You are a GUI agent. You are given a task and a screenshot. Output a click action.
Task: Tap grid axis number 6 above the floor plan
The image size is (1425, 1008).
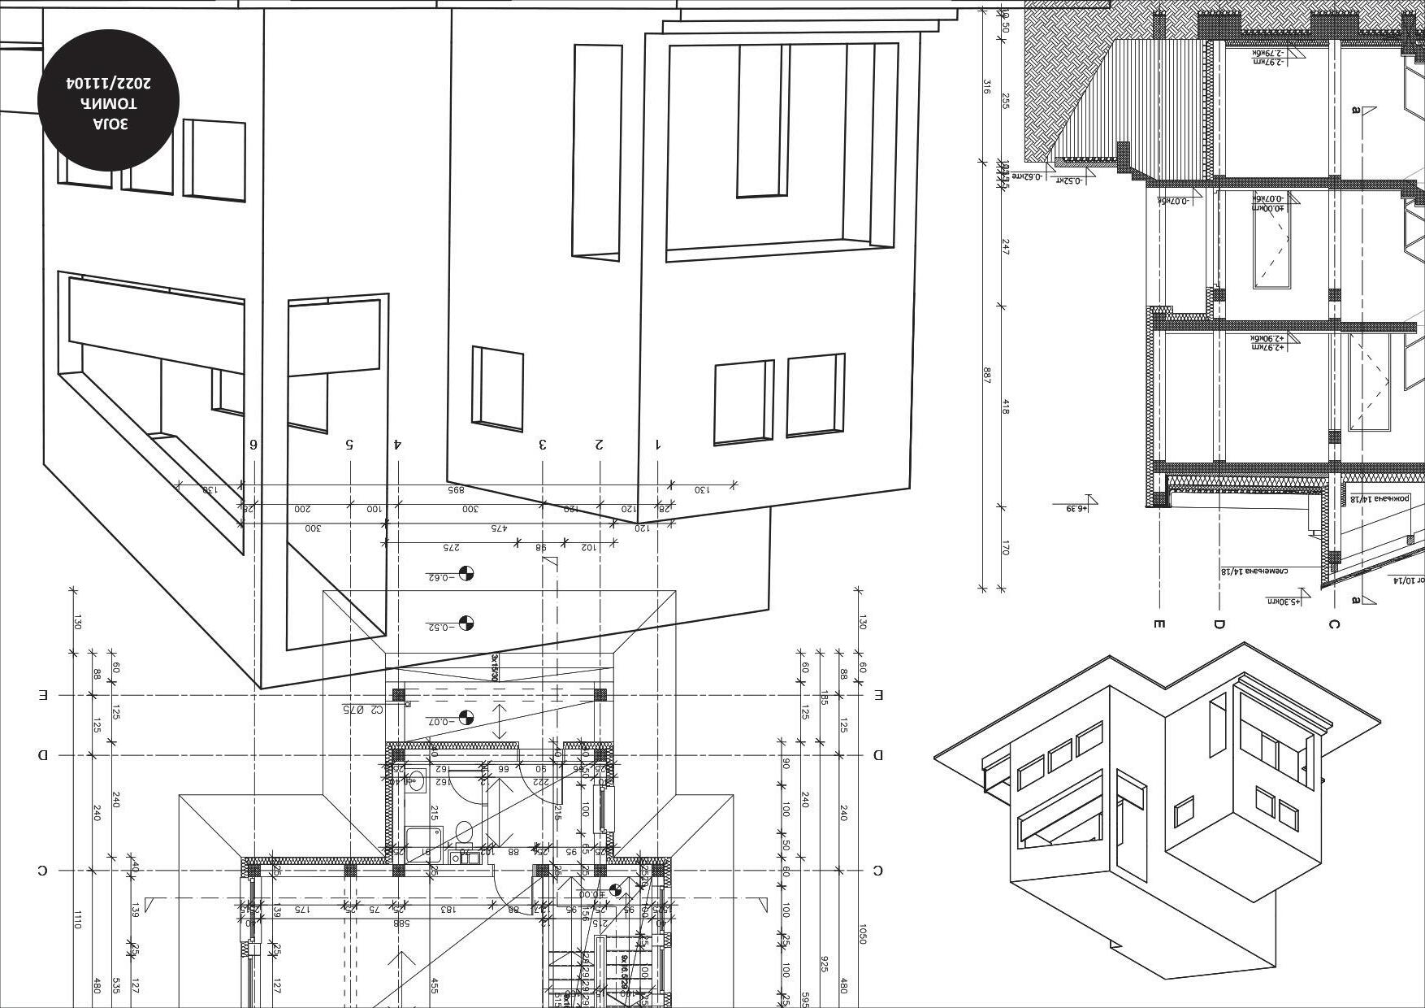pos(253,444)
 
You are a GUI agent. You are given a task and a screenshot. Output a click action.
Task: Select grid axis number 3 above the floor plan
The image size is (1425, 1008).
pos(543,444)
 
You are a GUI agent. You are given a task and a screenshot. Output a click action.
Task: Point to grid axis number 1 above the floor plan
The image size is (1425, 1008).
pos(658,444)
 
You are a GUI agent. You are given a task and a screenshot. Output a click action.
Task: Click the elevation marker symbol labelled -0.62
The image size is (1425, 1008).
pos(466,574)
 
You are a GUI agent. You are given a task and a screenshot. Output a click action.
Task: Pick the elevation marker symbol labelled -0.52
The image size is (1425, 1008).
pos(466,623)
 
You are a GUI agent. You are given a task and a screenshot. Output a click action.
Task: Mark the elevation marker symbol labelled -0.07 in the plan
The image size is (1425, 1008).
pos(466,718)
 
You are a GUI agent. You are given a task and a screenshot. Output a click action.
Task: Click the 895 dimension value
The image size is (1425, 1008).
pos(455,490)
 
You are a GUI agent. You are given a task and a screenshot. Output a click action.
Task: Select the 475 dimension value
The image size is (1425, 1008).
pos(498,528)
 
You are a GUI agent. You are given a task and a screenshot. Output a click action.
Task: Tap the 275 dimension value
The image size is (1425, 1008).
pos(451,547)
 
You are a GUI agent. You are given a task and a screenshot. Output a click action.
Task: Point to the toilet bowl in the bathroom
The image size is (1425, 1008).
pos(464,832)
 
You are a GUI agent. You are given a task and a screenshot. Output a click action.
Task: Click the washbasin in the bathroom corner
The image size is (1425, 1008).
pos(416,781)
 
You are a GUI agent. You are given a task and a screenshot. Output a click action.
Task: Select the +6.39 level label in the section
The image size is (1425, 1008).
pos(1076,509)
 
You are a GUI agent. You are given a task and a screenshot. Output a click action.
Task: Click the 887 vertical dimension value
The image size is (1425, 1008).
pos(987,376)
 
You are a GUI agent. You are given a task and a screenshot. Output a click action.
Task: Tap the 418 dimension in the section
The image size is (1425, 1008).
pos(1006,406)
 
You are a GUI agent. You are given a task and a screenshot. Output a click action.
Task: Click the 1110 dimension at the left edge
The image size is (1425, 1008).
pos(78,920)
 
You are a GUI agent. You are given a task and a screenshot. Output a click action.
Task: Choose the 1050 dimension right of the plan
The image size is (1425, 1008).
pos(862,934)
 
